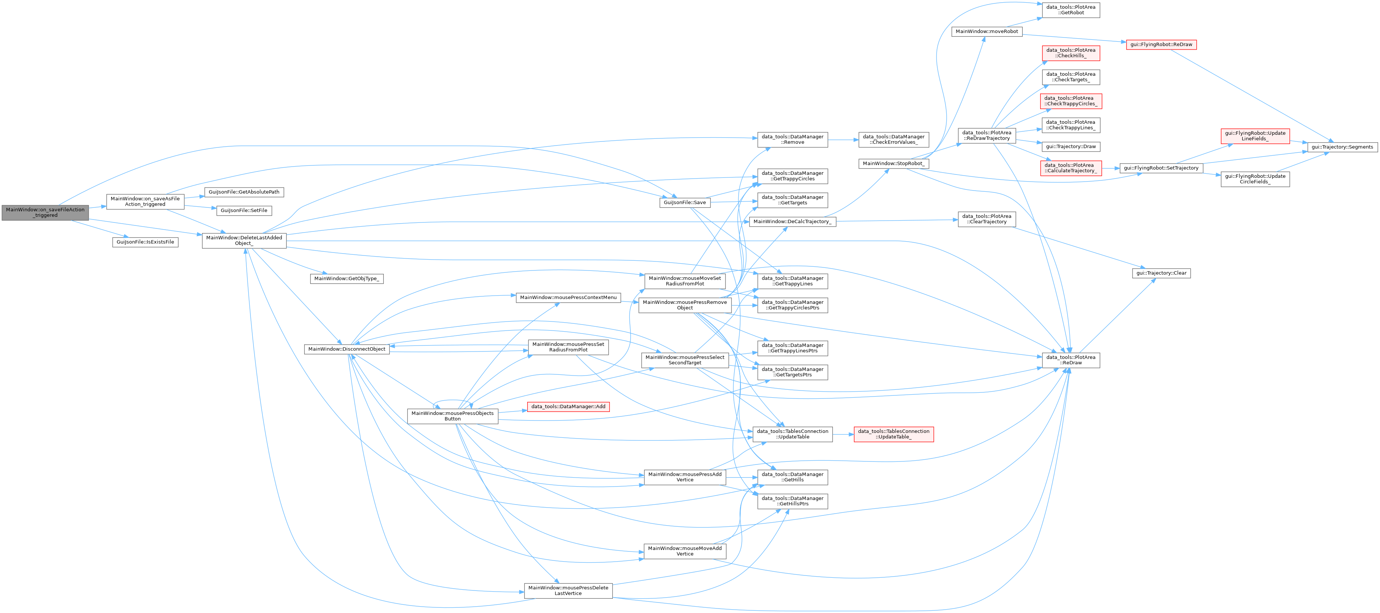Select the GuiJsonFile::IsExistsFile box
(x=145, y=242)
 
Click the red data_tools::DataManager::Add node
(x=568, y=407)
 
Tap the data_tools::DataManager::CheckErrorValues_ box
(x=894, y=140)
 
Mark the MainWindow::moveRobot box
(x=987, y=32)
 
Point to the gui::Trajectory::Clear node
(x=1161, y=273)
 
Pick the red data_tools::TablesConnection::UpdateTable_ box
(x=894, y=434)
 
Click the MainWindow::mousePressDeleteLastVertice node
(x=568, y=590)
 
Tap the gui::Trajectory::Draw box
(x=1070, y=147)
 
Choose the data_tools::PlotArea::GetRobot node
(x=1070, y=10)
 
